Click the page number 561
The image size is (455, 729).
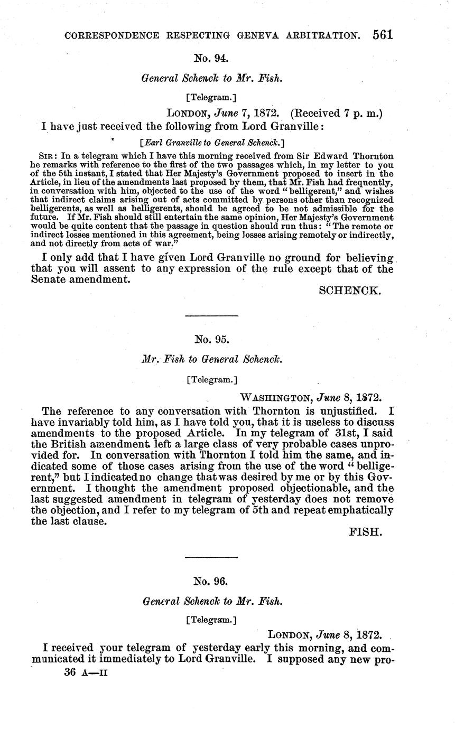pos(382,35)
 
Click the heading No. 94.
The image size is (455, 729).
pos(211,58)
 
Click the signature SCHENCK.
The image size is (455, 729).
pos(350,291)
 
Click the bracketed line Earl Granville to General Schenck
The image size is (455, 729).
pos(211,142)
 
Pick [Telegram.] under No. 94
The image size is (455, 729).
pos(211,97)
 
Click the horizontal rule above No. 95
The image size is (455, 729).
pos(211,316)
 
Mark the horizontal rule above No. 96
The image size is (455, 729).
pos(211,557)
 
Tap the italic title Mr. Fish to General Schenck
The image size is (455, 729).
pos(211,359)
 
